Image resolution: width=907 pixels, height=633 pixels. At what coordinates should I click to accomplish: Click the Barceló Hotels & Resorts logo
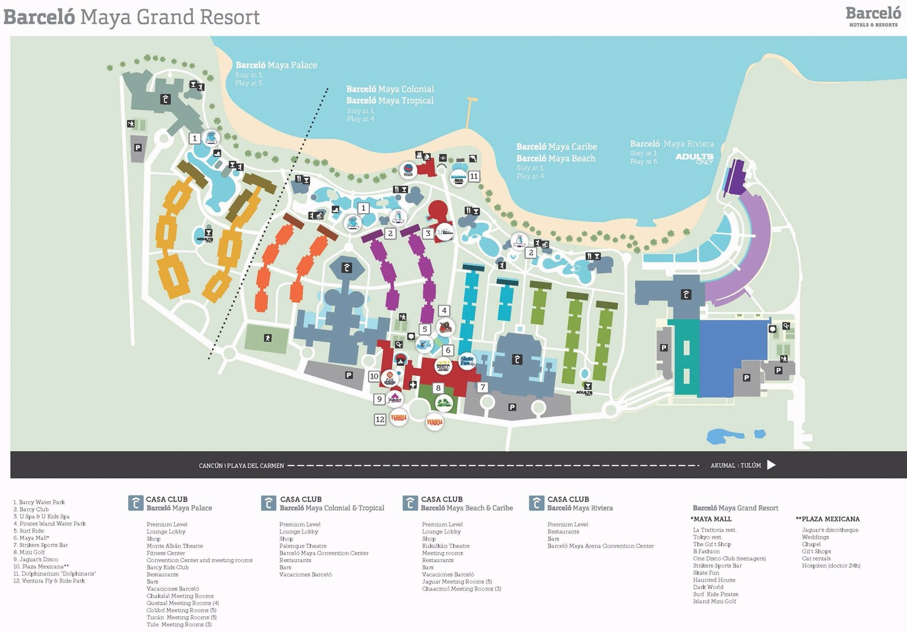pos(872,16)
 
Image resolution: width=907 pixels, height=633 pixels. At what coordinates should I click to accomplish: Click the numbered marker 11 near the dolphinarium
pos(474,176)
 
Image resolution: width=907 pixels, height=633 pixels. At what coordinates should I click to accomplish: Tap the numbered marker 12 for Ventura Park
pos(380,419)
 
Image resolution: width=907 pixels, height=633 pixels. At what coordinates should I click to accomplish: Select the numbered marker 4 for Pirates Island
pos(444,310)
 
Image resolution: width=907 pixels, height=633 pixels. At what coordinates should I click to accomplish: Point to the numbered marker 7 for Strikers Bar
pos(483,387)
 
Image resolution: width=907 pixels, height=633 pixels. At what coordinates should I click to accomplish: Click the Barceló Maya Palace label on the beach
pos(276,65)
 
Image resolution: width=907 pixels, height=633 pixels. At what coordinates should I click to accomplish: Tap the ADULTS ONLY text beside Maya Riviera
pos(694,158)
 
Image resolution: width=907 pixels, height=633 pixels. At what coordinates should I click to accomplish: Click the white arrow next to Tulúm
pos(771,465)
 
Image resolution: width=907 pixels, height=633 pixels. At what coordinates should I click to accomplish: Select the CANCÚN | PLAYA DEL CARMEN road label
pos(241,466)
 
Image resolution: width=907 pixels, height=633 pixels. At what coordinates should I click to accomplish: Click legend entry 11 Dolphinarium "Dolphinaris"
pos(54,573)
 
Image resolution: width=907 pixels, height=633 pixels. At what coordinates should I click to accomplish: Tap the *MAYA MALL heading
pos(711,519)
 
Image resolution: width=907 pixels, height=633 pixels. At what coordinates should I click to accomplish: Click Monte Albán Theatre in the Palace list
pos(174,546)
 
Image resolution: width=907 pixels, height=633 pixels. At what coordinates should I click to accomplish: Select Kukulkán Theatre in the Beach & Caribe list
pos(446,546)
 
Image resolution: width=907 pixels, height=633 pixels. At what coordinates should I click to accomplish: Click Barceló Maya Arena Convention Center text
pos(600,546)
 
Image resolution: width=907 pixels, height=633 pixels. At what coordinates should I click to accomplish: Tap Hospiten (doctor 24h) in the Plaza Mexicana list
pos(831,566)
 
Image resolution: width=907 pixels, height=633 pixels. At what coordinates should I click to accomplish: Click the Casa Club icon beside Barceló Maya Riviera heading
pos(536,503)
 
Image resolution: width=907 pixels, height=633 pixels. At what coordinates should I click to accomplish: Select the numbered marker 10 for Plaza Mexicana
pos(374,376)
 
